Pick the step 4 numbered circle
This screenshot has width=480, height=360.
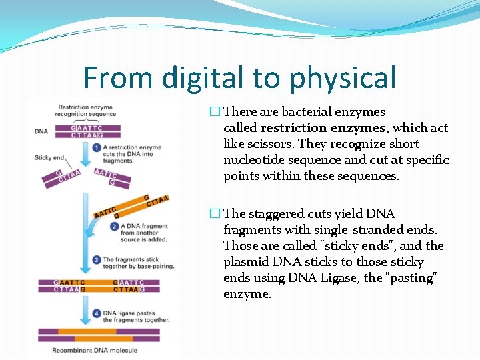pos(97,312)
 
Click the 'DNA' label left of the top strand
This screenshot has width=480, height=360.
pos(41,131)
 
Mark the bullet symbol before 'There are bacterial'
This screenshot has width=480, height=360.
pos(214,112)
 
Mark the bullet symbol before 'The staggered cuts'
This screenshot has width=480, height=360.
pos(214,213)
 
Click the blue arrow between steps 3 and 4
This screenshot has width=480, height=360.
pos(85,293)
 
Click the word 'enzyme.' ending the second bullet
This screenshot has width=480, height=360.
pos(247,293)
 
